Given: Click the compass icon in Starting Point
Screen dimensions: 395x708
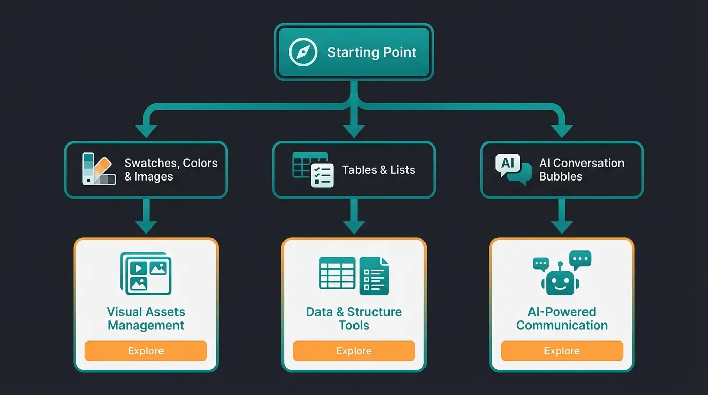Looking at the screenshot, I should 300,52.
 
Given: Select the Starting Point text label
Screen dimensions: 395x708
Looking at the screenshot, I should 371,52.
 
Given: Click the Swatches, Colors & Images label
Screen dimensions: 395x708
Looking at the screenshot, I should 170,170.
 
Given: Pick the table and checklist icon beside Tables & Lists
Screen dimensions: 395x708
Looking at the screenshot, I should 312,169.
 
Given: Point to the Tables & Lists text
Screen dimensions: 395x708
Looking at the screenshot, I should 378,170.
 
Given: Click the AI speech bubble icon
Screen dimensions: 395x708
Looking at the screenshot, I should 512,169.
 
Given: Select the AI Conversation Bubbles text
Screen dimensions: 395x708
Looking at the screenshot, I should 581,170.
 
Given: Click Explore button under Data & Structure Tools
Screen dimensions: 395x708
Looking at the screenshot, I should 353,351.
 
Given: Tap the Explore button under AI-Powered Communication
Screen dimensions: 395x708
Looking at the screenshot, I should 561,351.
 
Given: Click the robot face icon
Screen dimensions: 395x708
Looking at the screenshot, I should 560,280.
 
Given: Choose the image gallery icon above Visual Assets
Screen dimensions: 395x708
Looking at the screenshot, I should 146,273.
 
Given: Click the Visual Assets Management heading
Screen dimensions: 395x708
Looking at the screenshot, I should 146,318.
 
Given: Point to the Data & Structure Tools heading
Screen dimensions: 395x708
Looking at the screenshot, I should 353,318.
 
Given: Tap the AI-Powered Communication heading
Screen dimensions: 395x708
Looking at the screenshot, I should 561,318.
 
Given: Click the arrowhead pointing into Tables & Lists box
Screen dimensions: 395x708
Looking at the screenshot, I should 353,131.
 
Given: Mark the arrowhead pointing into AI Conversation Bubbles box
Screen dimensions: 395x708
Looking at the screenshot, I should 561,131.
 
